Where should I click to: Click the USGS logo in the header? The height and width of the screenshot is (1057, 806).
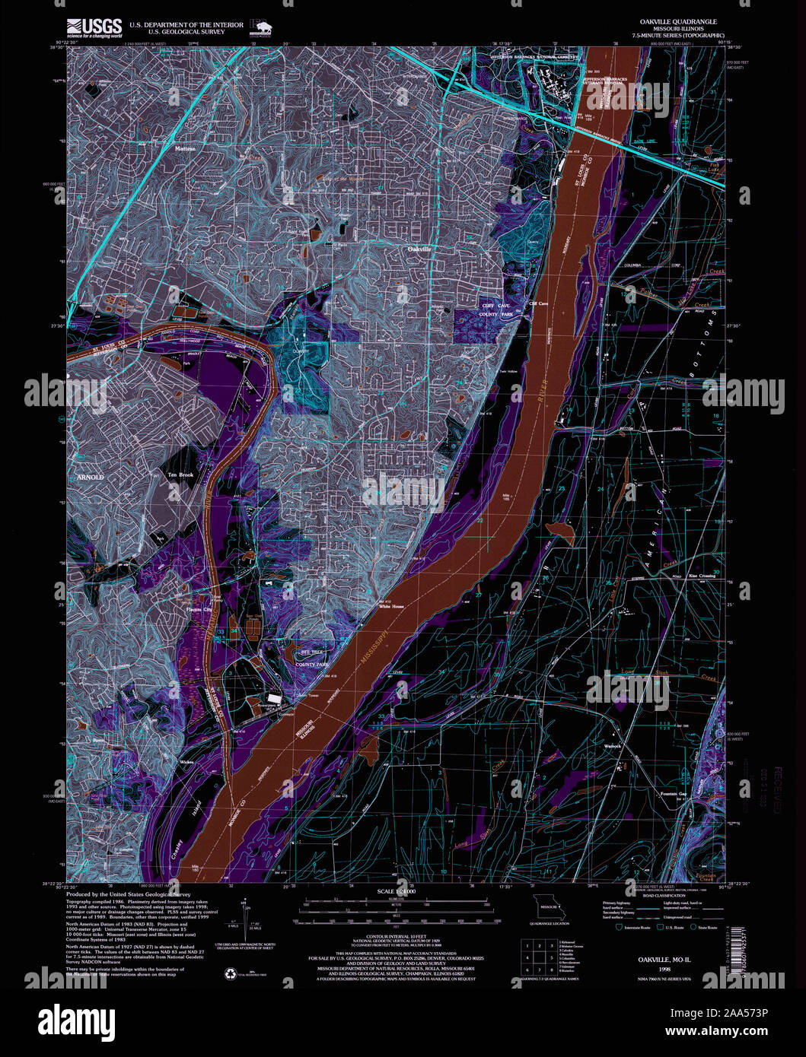(x=94, y=28)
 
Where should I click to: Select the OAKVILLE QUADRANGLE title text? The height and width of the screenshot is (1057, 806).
(x=674, y=22)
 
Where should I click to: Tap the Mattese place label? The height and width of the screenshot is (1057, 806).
(x=184, y=149)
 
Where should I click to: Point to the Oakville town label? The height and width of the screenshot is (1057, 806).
(x=419, y=249)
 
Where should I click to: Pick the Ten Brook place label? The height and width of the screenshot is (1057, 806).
(x=181, y=475)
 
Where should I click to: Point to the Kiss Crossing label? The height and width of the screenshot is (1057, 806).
(x=702, y=576)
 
